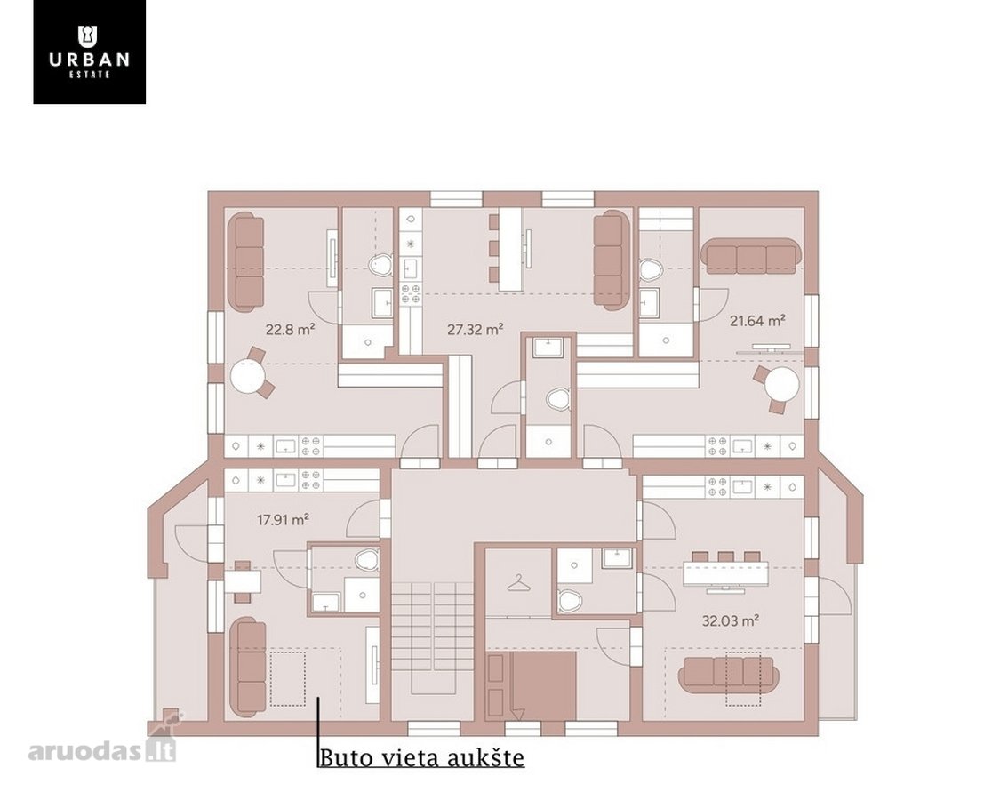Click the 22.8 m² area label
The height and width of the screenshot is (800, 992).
tap(291, 330)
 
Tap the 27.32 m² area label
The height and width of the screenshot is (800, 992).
tap(476, 330)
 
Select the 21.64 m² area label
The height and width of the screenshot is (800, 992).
tap(757, 321)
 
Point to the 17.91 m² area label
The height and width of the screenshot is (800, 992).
tap(283, 521)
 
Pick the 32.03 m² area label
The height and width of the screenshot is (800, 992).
tap(730, 621)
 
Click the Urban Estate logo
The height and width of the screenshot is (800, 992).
tap(89, 52)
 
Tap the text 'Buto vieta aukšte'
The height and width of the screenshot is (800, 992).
tap(422, 757)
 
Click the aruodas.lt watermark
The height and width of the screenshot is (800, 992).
tap(101, 750)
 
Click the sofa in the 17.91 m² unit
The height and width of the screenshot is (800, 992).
tap(247, 668)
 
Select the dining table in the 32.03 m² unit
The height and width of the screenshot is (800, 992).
tap(724, 574)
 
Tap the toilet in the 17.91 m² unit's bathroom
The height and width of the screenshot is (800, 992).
tap(365, 560)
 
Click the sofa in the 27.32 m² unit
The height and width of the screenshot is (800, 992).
tap(612, 260)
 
